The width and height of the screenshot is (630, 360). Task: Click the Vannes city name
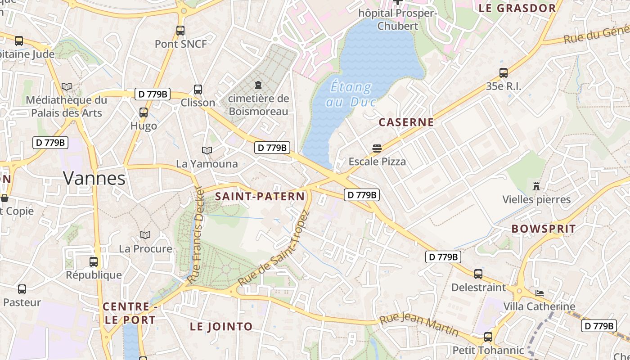click(x=94, y=178)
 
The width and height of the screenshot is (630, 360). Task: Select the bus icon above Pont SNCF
click(x=180, y=31)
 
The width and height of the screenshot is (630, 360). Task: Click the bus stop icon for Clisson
click(x=198, y=90)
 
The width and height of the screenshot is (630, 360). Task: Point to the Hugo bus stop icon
click(x=144, y=112)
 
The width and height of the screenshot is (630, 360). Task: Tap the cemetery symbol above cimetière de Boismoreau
click(x=258, y=85)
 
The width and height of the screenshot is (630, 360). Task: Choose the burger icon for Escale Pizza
click(x=377, y=148)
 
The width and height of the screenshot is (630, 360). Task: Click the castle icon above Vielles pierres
click(x=536, y=186)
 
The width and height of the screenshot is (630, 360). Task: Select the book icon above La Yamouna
click(x=207, y=150)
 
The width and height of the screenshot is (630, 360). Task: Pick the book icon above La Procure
click(x=145, y=235)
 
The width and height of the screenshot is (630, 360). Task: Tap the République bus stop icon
click(x=94, y=261)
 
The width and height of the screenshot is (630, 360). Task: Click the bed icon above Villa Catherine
click(x=540, y=293)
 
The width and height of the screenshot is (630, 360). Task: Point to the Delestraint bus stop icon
click(x=478, y=274)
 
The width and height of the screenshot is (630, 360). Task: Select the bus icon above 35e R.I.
click(x=504, y=73)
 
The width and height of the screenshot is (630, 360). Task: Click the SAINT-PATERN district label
click(x=260, y=196)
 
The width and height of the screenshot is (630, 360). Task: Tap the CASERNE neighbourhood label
click(x=406, y=122)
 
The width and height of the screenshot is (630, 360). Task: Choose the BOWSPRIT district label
click(x=544, y=229)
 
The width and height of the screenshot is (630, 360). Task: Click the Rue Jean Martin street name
click(x=419, y=325)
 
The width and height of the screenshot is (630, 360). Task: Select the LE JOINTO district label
click(x=221, y=326)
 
